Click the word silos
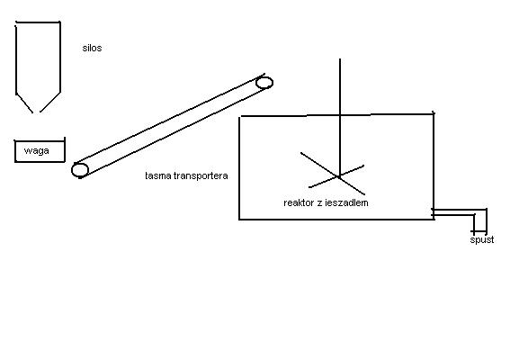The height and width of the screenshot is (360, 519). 92,48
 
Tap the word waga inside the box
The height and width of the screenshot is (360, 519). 37,151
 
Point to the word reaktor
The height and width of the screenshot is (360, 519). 299,202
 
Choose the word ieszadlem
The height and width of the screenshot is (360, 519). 346,202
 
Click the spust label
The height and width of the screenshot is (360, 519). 482,239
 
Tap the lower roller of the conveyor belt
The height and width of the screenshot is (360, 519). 80,170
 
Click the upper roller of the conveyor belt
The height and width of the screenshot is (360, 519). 264,83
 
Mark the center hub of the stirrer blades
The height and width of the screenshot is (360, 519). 339,176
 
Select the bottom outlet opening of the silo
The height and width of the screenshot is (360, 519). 36,112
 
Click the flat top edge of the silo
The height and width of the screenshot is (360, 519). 38,22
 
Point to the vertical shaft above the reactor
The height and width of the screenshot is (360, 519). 340,86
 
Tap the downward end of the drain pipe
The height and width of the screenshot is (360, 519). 480,230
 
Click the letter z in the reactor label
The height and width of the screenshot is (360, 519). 319,203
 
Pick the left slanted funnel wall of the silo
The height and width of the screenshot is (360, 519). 24,103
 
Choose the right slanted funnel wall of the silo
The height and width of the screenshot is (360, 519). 50,102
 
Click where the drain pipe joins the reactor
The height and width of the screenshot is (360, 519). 434,212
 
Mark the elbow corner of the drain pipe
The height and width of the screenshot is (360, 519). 486,210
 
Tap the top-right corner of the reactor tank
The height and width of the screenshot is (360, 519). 434,114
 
